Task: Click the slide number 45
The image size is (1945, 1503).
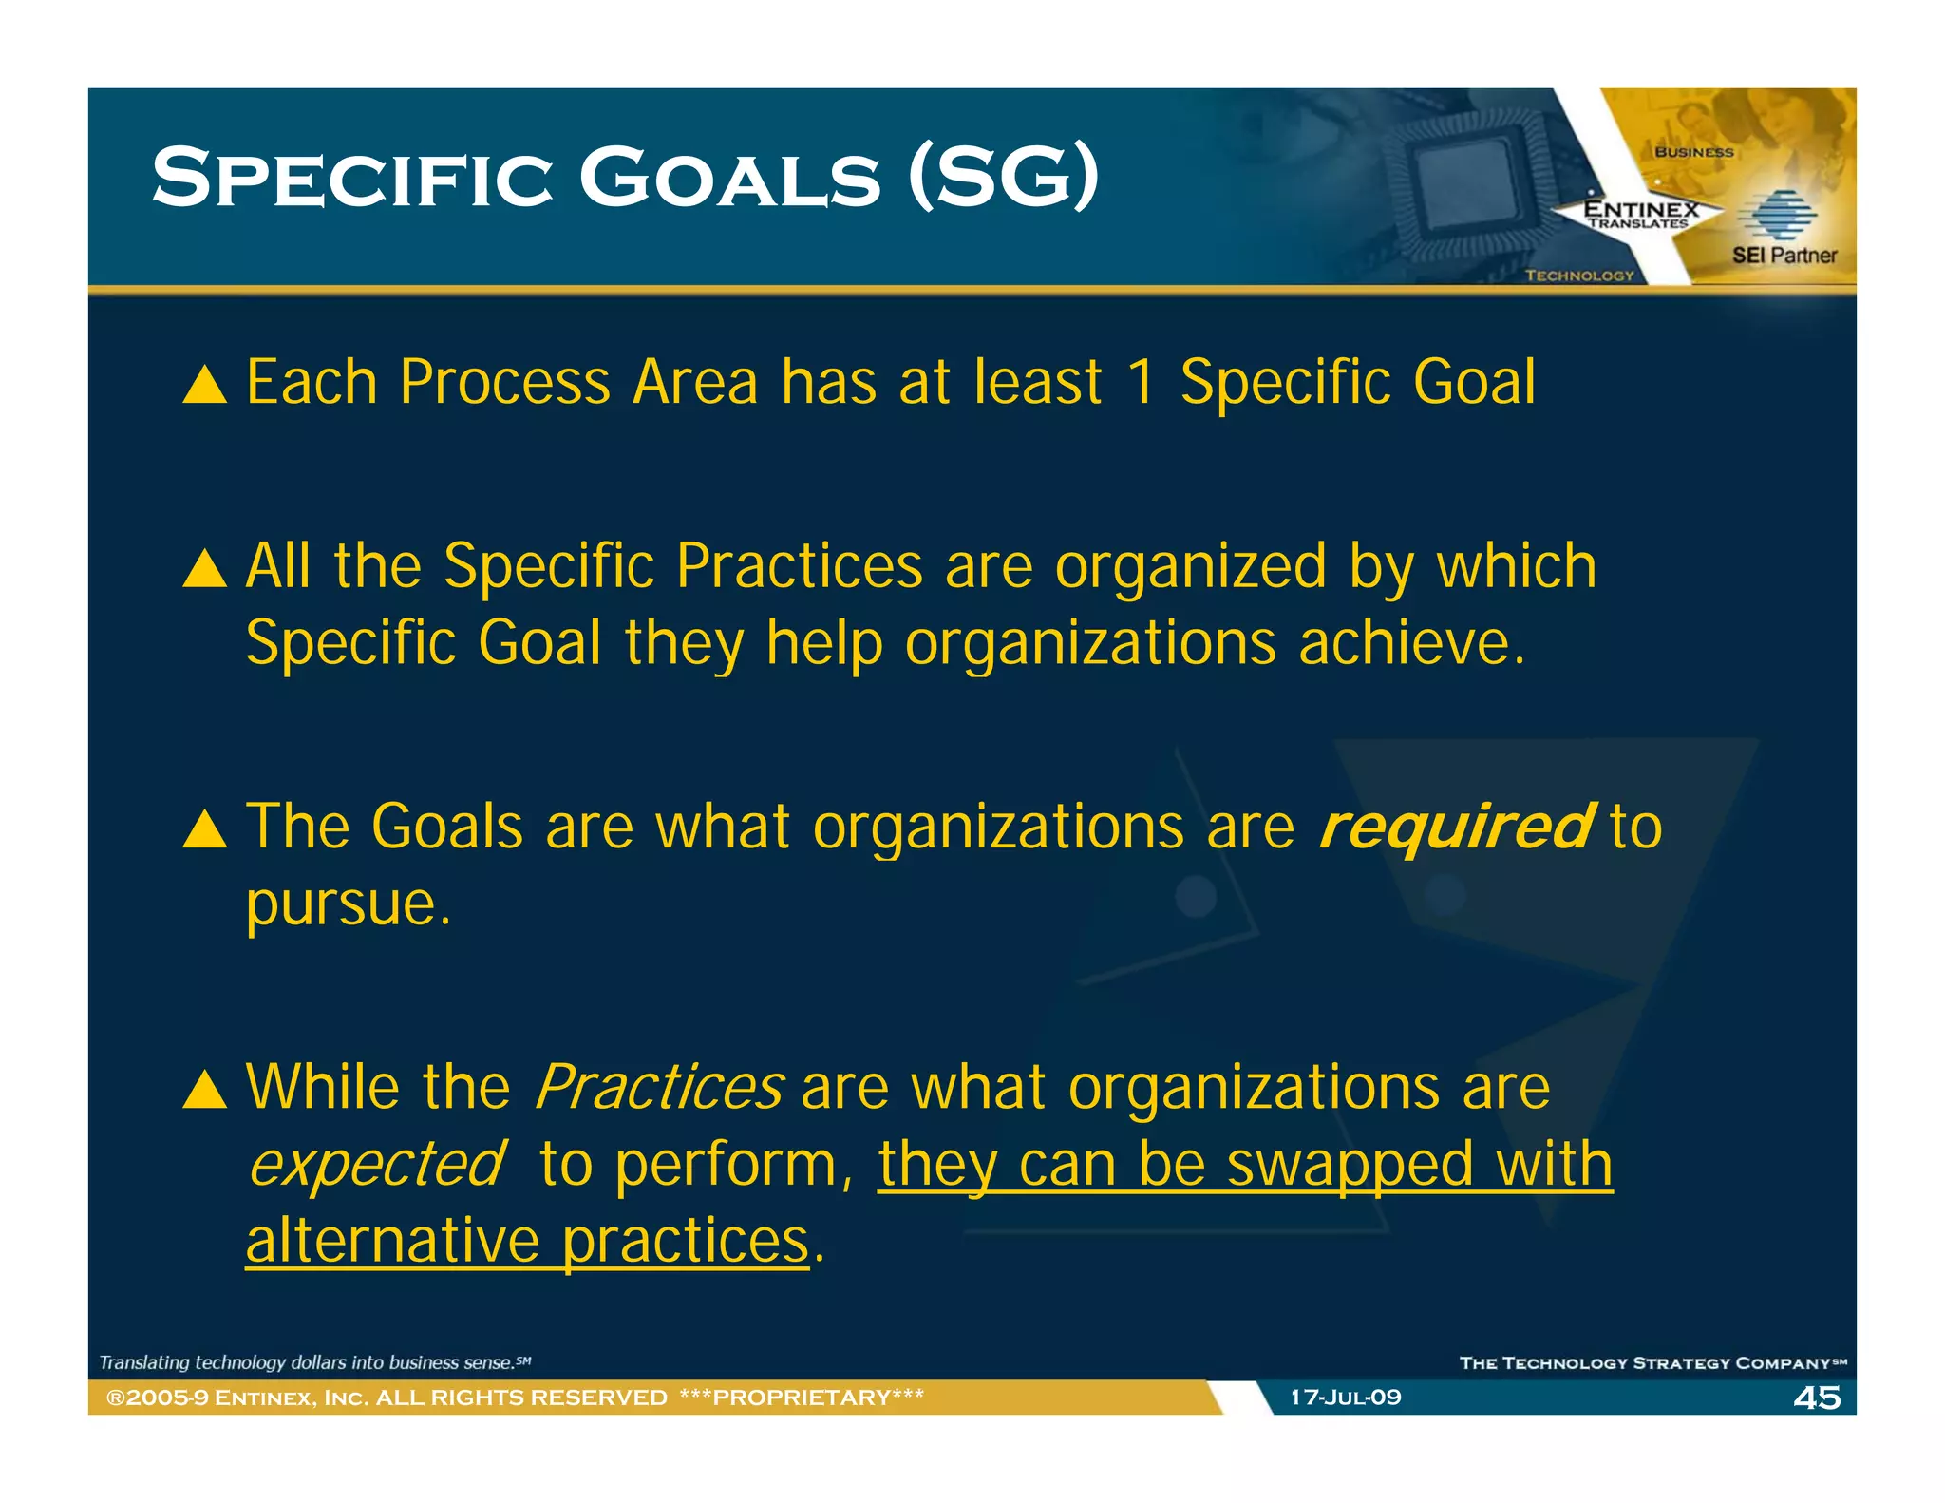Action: click(x=1816, y=1398)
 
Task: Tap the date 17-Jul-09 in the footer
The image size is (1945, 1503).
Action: click(x=1345, y=1398)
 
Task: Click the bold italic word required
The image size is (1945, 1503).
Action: click(x=1455, y=826)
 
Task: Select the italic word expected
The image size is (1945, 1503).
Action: click(x=377, y=1165)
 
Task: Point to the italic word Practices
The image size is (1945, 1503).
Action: click(x=659, y=1087)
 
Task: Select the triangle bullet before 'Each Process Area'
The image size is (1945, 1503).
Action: click(x=205, y=387)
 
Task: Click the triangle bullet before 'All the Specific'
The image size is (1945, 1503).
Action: click(x=205, y=570)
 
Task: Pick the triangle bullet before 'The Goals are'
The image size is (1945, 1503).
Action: click(x=205, y=829)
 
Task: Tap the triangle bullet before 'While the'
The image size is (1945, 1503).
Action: click(x=205, y=1091)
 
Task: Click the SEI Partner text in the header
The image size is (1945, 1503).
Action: click(x=1784, y=255)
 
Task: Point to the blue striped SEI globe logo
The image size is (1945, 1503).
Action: click(x=1776, y=215)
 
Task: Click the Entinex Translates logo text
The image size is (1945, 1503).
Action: click(x=1640, y=213)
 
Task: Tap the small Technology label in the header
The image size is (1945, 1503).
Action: click(x=1579, y=276)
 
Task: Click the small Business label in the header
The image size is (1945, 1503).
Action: click(x=1694, y=152)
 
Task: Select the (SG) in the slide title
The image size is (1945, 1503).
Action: click(x=1003, y=177)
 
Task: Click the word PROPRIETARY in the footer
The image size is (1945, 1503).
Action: click(x=802, y=1398)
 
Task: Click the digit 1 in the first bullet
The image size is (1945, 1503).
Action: click(x=1141, y=383)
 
